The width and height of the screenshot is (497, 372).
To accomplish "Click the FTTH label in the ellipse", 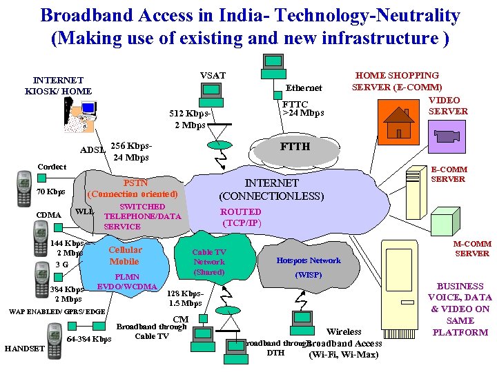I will coord(295,147).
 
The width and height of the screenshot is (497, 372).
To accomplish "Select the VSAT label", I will coord(213,75).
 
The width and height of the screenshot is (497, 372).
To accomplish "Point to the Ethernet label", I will coord(304,88).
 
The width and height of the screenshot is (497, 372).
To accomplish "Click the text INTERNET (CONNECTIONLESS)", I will coord(271,189).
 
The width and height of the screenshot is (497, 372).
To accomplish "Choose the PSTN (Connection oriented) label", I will coord(133,189).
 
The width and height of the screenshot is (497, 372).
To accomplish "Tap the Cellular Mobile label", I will coord(125,256).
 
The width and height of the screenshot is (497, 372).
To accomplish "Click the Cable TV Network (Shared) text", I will coord(209,262).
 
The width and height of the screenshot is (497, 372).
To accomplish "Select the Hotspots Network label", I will coord(309,260).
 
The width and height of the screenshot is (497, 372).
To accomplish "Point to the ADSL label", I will coord(93,149).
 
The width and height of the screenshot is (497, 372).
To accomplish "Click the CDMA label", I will coord(48,215).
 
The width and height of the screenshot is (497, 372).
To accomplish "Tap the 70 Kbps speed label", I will coord(51,192).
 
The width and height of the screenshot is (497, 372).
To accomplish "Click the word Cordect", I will coord(52,167).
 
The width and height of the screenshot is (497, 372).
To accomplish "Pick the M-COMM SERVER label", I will coord(472,248).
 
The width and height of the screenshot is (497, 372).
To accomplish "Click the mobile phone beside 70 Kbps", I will coord(25,189).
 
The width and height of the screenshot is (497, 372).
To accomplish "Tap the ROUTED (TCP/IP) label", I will coord(241,217).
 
